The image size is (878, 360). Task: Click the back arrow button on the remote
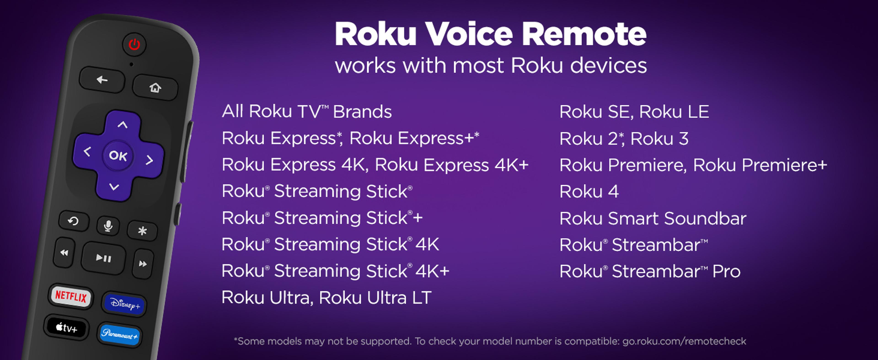[102, 80]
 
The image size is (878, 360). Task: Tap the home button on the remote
[155, 88]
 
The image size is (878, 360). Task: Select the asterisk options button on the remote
[142, 231]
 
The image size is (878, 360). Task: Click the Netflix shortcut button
[71, 296]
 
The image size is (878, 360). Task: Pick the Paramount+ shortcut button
[120, 335]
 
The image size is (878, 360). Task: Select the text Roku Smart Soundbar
[653, 218]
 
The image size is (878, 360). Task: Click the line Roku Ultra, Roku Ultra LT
[326, 298]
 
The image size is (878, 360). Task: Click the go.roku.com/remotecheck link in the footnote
[684, 341]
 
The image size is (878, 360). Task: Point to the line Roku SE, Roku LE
[634, 111]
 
